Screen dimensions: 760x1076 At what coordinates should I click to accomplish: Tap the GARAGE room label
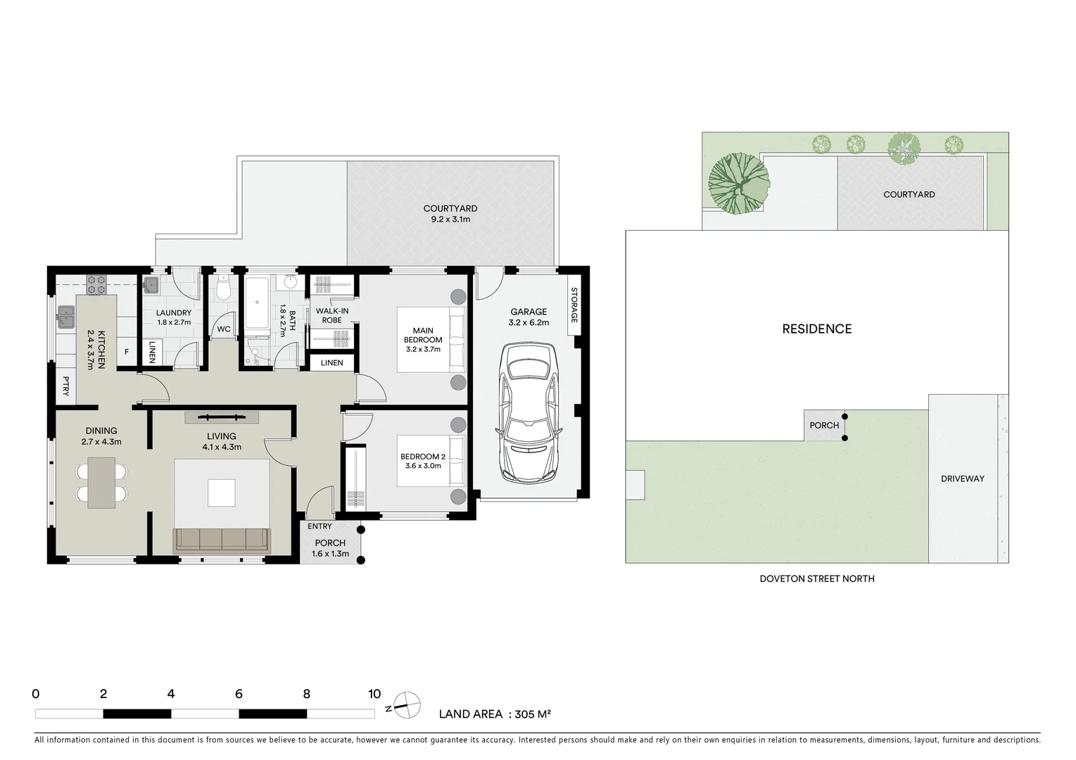pyautogui.click(x=528, y=312)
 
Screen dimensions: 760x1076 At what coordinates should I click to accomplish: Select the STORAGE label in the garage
pyautogui.click(x=574, y=305)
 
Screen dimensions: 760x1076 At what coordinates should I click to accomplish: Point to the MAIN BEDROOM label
pyautogui.click(x=423, y=335)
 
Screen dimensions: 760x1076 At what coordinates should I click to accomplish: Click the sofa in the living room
pyautogui.click(x=221, y=540)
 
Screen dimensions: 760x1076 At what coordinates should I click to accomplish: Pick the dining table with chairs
pyautogui.click(x=101, y=482)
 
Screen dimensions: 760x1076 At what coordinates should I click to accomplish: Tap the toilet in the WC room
pyautogui.click(x=223, y=289)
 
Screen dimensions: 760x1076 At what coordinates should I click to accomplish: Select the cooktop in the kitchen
pyautogui.click(x=96, y=284)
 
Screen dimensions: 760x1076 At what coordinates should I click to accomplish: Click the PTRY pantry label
pyautogui.click(x=66, y=386)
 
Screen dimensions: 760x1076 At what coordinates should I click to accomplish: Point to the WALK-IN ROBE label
pyautogui.click(x=331, y=315)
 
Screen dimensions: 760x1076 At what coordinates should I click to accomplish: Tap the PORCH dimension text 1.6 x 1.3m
pyautogui.click(x=330, y=554)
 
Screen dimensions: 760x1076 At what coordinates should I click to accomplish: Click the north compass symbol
pyautogui.click(x=406, y=704)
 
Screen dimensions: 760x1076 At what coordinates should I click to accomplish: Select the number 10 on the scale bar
pyautogui.click(x=374, y=694)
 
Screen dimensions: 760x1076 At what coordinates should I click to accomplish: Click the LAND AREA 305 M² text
pyautogui.click(x=494, y=714)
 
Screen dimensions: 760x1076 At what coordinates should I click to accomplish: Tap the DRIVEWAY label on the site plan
pyautogui.click(x=962, y=479)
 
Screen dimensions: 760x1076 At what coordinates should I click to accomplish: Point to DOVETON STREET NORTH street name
pyautogui.click(x=816, y=578)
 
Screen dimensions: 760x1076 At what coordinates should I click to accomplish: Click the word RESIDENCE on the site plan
pyautogui.click(x=816, y=329)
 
